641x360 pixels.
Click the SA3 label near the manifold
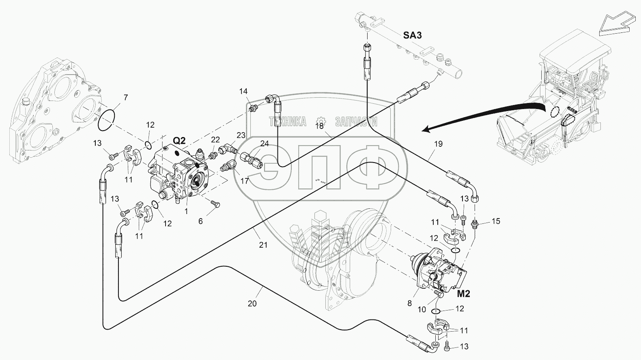412,35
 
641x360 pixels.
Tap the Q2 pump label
179,140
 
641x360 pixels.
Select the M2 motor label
464,294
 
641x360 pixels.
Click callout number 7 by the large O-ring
126,98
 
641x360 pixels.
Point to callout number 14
243,91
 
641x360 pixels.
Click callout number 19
438,144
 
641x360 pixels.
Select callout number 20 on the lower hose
252,303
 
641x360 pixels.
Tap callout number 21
263,245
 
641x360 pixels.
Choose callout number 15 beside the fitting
496,221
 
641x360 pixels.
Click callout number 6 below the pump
200,221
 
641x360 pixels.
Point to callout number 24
265,143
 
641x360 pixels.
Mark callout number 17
245,181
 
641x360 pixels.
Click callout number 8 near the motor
409,303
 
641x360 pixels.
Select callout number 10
422,309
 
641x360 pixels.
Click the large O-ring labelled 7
106,120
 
